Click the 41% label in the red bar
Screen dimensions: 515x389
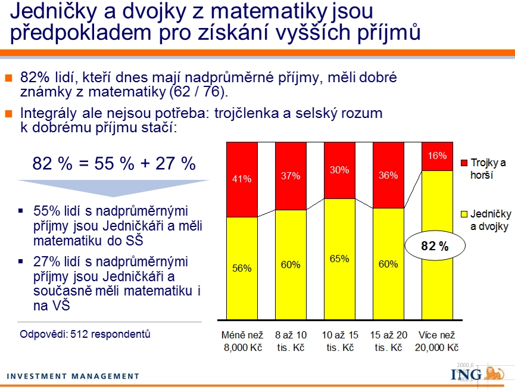[x=242, y=179]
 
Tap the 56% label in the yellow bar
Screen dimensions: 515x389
[x=242, y=269]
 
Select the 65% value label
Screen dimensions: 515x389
[x=339, y=259]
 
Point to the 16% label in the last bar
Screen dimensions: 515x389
[x=437, y=155]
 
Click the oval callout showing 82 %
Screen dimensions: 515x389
[x=435, y=246]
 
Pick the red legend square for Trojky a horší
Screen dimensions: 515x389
[x=464, y=163]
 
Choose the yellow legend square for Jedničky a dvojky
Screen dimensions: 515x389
[x=464, y=214]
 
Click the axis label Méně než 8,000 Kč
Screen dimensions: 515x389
[x=242, y=341]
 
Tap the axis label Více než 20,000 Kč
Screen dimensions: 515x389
[x=437, y=341]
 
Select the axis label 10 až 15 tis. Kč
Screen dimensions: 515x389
[x=340, y=341]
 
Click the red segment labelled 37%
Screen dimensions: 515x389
[x=291, y=176]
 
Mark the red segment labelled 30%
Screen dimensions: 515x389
[x=339, y=170]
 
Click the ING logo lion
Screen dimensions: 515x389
[x=494, y=374]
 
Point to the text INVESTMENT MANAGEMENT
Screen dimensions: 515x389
[x=73, y=376]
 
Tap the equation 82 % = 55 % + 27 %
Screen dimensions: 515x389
[x=114, y=163]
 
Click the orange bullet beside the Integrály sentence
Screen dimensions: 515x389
[x=8, y=114]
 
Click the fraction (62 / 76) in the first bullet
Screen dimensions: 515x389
[x=198, y=92]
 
